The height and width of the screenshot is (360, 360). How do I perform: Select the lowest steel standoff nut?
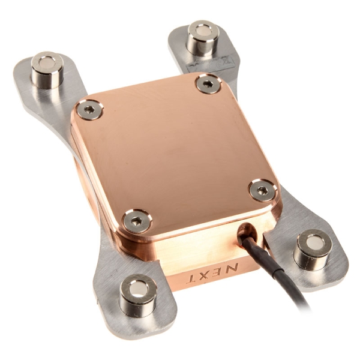point(138,294)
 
